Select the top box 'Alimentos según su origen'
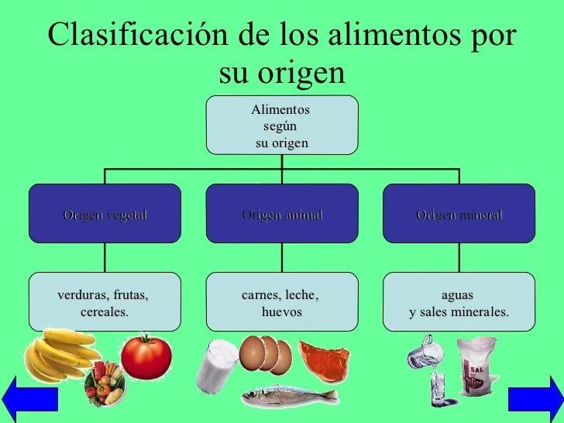282,124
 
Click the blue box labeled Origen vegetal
105,213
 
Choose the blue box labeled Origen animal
282,213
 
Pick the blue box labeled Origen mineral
459,213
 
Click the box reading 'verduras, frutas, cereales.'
105,302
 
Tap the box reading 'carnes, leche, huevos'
282,302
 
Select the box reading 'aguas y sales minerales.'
459,302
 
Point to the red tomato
146,356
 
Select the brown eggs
265,353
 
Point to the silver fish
288,395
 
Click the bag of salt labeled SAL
478,369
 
